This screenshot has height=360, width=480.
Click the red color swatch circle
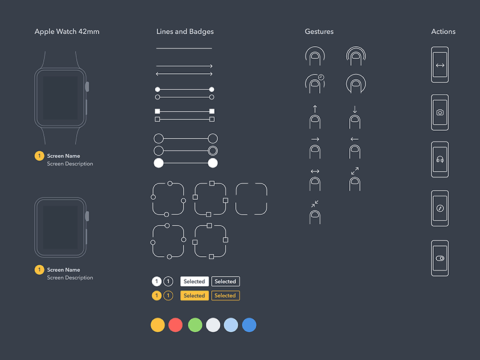(175, 325)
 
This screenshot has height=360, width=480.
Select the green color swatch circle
(195, 325)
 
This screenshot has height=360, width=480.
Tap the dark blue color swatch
(249, 325)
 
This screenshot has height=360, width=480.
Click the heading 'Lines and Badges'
(185, 32)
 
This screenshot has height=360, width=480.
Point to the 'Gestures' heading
(319, 32)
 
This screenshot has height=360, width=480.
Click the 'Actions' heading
(443, 32)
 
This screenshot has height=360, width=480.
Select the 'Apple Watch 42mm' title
(67, 32)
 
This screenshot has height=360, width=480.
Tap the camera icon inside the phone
(440, 112)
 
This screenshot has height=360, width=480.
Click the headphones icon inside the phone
(440, 159)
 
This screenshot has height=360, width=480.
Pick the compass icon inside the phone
(440, 208)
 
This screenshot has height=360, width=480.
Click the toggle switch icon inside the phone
(440, 259)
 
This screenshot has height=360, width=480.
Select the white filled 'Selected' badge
(194, 281)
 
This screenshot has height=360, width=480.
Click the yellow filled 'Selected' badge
(194, 295)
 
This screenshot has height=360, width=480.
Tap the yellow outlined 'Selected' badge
(226, 295)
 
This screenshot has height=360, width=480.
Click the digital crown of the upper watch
(87, 86)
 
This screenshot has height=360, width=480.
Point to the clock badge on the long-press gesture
(321, 77)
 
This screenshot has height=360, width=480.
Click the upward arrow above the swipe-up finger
(314, 109)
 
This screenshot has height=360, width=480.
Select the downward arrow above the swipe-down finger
(355, 109)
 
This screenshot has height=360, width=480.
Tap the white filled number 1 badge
(157, 281)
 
